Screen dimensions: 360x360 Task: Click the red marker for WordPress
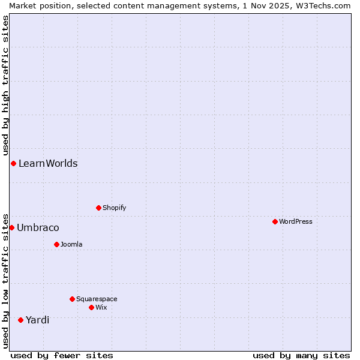click(x=275, y=221)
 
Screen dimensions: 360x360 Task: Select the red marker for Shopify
click(x=98, y=208)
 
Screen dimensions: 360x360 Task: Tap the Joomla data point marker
click(x=56, y=244)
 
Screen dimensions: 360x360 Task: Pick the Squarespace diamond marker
click(x=72, y=299)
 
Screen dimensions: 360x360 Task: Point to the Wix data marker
click(x=91, y=307)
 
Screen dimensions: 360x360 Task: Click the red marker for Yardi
click(x=20, y=320)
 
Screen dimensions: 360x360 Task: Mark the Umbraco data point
click(x=11, y=227)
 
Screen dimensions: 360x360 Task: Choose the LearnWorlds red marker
click(x=13, y=163)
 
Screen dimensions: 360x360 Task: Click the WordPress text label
click(x=295, y=221)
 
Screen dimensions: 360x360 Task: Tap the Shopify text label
click(x=114, y=208)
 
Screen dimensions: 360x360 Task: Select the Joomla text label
click(x=71, y=244)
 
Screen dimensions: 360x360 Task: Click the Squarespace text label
click(x=97, y=299)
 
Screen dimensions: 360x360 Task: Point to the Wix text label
click(x=101, y=307)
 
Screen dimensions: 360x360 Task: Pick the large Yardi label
click(x=37, y=320)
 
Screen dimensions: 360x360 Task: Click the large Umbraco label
click(x=38, y=227)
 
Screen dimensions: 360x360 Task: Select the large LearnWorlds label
click(x=48, y=163)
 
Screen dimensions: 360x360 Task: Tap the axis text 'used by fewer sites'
click(x=62, y=355)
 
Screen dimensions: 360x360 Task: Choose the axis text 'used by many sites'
click(x=301, y=355)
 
